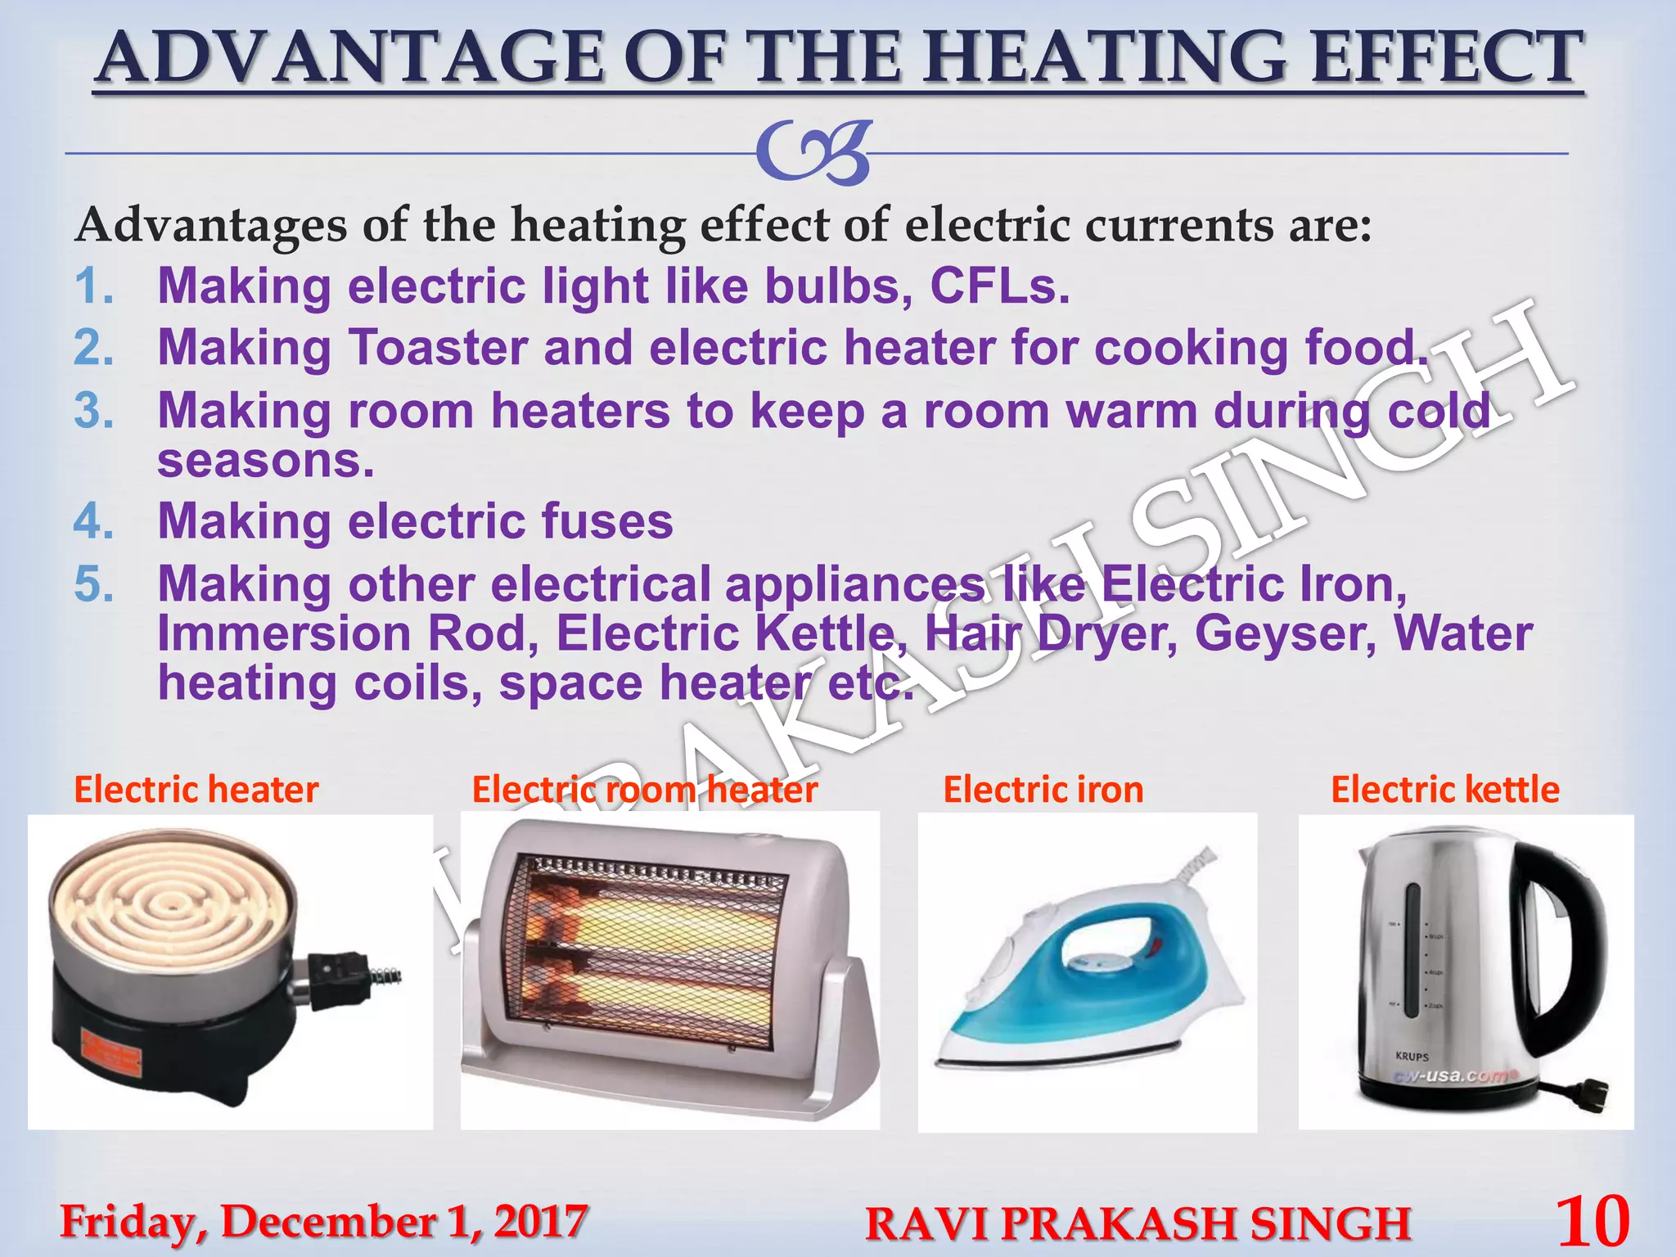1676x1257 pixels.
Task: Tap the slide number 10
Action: pyautogui.click(x=1592, y=1220)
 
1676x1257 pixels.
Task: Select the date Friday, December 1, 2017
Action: pyautogui.click(x=323, y=1222)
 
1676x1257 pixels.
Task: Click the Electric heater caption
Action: pyautogui.click(x=196, y=790)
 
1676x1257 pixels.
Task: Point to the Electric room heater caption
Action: pyautogui.click(x=645, y=790)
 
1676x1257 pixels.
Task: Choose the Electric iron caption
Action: pyautogui.click(x=1043, y=790)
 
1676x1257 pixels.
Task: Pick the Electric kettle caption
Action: pyautogui.click(x=1445, y=790)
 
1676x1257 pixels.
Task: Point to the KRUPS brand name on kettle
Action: pyautogui.click(x=1412, y=1057)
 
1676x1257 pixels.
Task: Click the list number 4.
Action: pyautogui.click(x=93, y=521)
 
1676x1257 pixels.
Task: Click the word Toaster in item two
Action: pyautogui.click(x=438, y=348)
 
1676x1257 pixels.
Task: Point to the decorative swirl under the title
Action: pyautogui.click(x=814, y=153)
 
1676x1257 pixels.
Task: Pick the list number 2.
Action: pyautogui.click(x=93, y=348)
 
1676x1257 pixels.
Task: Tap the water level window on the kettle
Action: pyautogui.click(x=1411, y=949)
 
